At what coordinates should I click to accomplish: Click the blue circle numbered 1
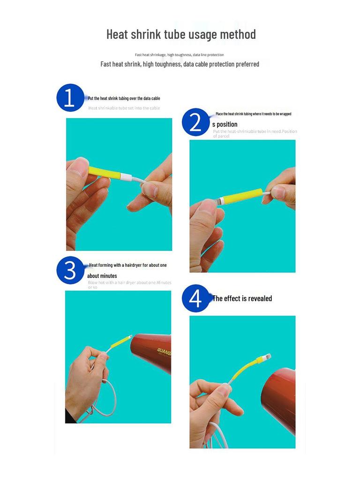(70, 98)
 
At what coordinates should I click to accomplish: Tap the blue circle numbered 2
(195, 122)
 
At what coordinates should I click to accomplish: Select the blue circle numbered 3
(70, 270)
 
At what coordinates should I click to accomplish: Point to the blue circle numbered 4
(195, 299)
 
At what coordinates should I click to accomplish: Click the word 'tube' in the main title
(173, 34)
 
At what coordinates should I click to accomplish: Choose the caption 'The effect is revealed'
(242, 299)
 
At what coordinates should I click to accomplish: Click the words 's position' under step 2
(225, 124)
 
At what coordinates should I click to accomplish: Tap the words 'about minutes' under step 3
(102, 276)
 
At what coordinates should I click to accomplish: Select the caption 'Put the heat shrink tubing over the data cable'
(124, 98)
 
